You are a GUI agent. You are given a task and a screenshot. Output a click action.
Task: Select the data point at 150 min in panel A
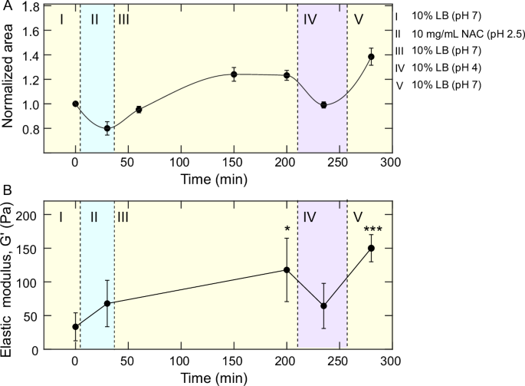pyautogui.click(x=234, y=74)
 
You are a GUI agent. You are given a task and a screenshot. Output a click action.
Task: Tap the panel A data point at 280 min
pyautogui.click(x=371, y=57)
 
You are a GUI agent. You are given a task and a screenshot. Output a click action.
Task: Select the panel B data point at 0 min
pyautogui.click(x=75, y=327)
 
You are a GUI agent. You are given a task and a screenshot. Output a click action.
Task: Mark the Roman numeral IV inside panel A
pyautogui.click(x=310, y=19)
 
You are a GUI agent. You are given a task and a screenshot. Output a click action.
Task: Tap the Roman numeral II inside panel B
pyautogui.click(x=94, y=216)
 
